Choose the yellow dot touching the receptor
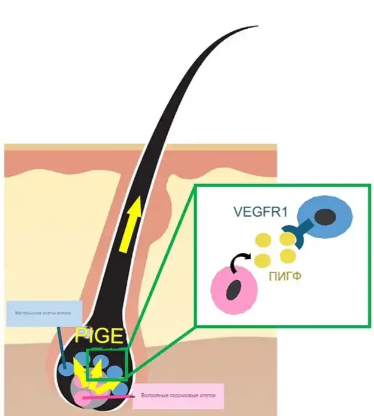point(287,239)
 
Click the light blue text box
point(44,313)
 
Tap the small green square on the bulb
point(107,364)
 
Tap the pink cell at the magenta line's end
point(82,396)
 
